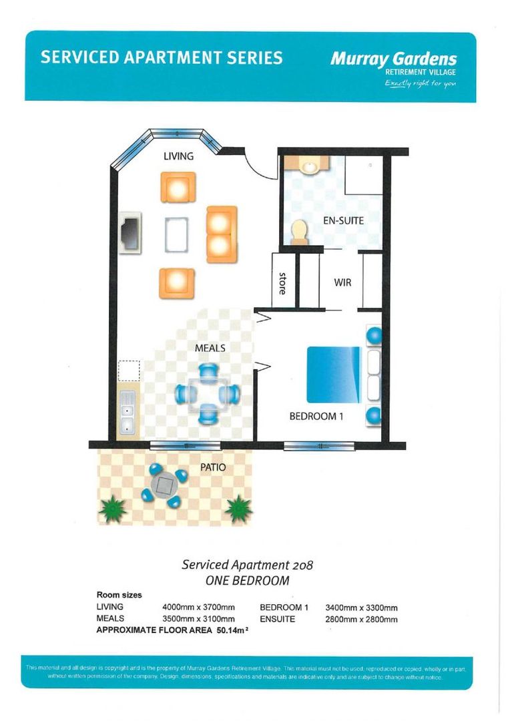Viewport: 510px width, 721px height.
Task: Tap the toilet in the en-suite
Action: pos(300,231)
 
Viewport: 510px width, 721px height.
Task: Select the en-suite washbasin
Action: pos(310,165)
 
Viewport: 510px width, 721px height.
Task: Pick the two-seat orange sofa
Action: pos(222,234)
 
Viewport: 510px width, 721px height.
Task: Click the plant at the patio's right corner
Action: pos(238,509)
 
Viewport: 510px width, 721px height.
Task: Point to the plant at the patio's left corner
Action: pos(113,509)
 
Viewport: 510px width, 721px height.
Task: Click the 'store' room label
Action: pos(282,283)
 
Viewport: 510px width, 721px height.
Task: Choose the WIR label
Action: pos(342,282)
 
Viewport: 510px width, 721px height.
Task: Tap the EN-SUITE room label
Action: pos(343,220)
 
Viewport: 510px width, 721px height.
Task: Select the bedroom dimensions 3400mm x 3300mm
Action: pos(361,608)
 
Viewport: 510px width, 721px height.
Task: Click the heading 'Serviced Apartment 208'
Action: pos(247,564)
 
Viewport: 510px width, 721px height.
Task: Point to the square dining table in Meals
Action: pos(208,395)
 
